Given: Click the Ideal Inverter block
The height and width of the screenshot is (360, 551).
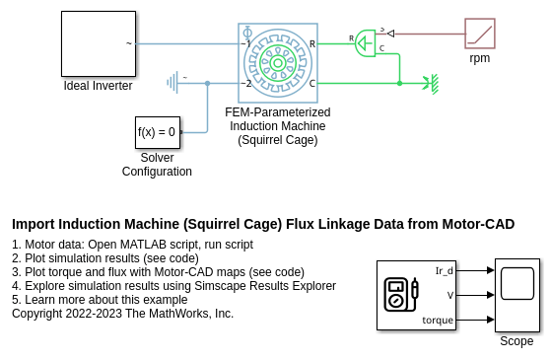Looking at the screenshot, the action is [99, 44].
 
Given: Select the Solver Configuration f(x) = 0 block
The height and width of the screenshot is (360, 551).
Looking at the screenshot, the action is [158, 132].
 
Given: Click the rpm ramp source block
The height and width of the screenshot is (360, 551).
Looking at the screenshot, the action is [480, 34].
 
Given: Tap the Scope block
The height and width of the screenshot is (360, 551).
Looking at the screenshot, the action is [517, 295].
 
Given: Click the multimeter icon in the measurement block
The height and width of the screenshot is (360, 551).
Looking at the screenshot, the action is [401, 295].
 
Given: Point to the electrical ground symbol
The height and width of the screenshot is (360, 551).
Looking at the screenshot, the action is [172, 83].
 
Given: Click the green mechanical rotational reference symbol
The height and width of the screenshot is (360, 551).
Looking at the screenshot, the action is [432, 84].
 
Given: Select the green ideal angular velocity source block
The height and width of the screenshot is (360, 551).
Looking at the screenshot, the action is [365, 43].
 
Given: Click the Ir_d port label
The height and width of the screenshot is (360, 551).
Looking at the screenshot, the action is [445, 271].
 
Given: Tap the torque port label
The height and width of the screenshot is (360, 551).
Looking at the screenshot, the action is [438, 321].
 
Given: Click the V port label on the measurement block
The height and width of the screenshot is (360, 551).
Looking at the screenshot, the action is [450, 295].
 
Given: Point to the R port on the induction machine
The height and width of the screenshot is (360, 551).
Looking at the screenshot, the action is [312, 44].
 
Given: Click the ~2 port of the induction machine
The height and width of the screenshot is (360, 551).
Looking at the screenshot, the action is [246, 84].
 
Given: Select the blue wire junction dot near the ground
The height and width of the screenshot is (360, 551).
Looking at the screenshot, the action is [208, 83].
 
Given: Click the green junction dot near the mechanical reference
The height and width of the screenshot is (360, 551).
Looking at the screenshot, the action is [399, 84].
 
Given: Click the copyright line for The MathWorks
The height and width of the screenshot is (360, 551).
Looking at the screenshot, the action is [122, 314].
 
